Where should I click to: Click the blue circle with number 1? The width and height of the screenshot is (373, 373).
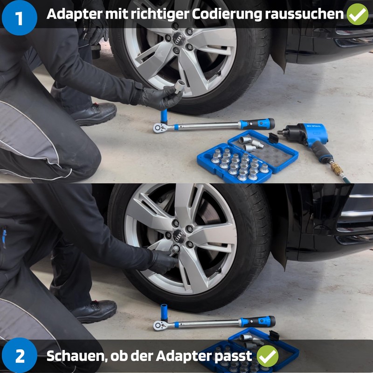click(x=19, y=18)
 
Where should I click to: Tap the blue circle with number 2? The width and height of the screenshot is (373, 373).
click(x=20, y=355)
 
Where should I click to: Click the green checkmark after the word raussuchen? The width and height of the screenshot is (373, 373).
click(x=357, y=14)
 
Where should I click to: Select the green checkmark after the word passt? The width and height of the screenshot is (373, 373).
click(x=268, y=356)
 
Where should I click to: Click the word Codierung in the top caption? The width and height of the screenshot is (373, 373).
click(x=227, y=14)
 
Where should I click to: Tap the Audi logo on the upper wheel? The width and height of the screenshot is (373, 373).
click(x=179, y=39)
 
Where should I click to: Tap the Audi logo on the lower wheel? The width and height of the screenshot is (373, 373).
click(x=179, y=236)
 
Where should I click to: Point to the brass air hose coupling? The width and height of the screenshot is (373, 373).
click(x=337, y=168)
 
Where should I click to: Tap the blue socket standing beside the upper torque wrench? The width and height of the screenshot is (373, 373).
click(x=164, y=116)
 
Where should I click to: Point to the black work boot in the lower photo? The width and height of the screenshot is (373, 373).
click(x=95, y=311)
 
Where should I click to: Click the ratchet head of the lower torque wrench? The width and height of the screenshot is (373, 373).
click(x=159, y=325)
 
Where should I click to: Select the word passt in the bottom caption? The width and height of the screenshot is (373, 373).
click(x=233, y=356)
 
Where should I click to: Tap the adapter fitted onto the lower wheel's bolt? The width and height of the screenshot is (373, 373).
click(x=174, y=250)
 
